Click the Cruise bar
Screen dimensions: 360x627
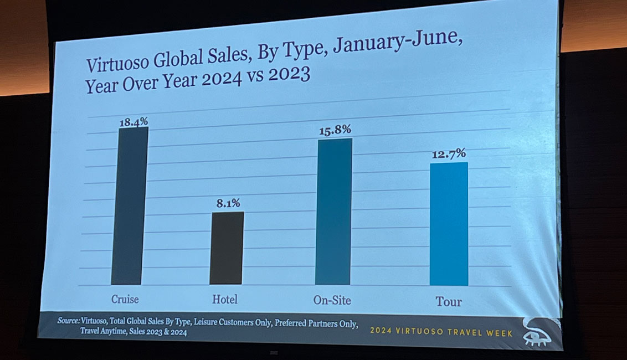click(130, 206)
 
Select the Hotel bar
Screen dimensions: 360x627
click(227, 248)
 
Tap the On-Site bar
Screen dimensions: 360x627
click(333, 212)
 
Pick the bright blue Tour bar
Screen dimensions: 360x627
click(449, 224)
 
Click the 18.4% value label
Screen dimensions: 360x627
click(133, 121)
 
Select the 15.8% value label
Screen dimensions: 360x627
click(335, 131)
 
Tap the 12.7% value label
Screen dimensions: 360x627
click(449, 153)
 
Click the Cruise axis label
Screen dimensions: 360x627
click(125, 300)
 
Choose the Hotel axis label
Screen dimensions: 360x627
click(225, 300)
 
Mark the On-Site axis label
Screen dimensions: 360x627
click(332, 301)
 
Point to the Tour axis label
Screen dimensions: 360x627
click(448, 302)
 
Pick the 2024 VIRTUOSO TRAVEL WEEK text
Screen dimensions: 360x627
click(441, 333)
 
